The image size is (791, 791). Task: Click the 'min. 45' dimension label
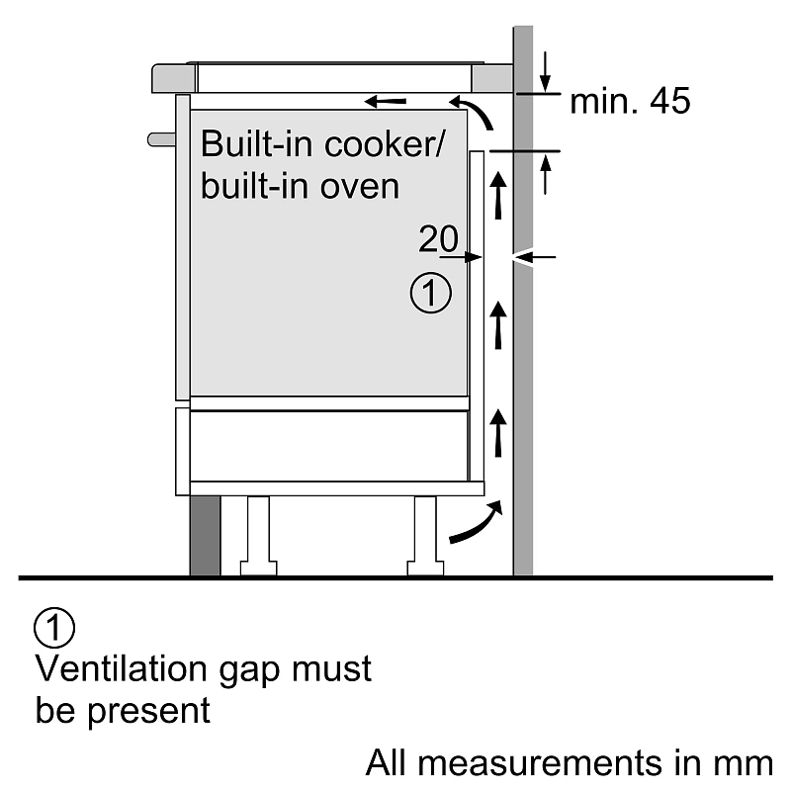point(630,102)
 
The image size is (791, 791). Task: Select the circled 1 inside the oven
point(430,294)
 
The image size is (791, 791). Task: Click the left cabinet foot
point(257,534)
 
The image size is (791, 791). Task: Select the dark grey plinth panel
point(205,534)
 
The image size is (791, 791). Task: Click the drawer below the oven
point(328,445)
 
